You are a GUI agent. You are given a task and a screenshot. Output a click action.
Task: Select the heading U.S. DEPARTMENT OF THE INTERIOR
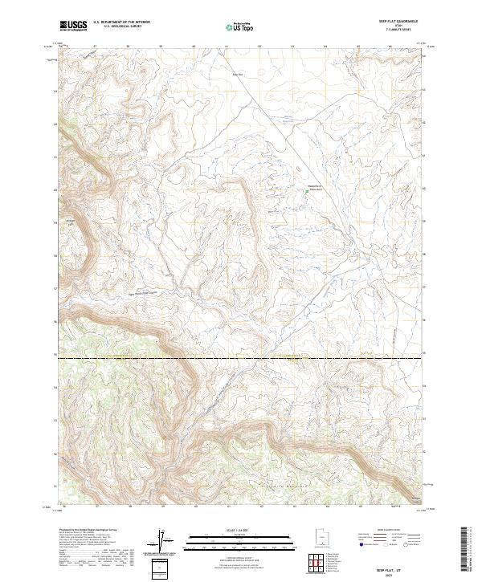point(121,22)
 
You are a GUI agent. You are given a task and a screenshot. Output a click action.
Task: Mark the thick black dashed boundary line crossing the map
point(241,356)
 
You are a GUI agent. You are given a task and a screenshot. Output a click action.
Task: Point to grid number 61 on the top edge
point(226,47)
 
